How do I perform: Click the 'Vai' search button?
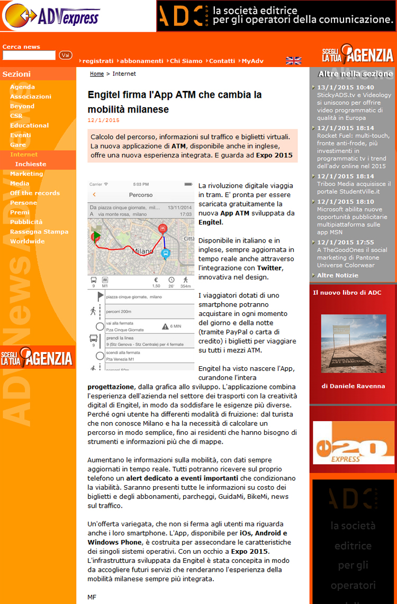click(x=66, y=55)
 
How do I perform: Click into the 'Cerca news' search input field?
click(x=29, y=55)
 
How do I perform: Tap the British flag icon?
click(x=293, y=61)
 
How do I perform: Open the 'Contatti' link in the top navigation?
click(x=222, y=61)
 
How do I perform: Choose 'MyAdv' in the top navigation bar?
click(x=252, y=61)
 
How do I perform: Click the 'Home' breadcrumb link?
click(x=97, y=74)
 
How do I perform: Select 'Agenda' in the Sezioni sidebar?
click(x=22, y=87)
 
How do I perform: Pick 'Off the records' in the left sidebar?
click(x=35, y=193)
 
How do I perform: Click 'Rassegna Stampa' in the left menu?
click(x=39, y=231)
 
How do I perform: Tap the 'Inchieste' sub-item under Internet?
click(x=31, y=164)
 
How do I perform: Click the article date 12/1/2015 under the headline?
click(x=104, y=120)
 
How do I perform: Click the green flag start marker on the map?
click(x=96, y=236)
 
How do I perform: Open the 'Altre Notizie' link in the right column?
click(x=338, y=275)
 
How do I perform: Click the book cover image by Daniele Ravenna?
click(x=353, y=343)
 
